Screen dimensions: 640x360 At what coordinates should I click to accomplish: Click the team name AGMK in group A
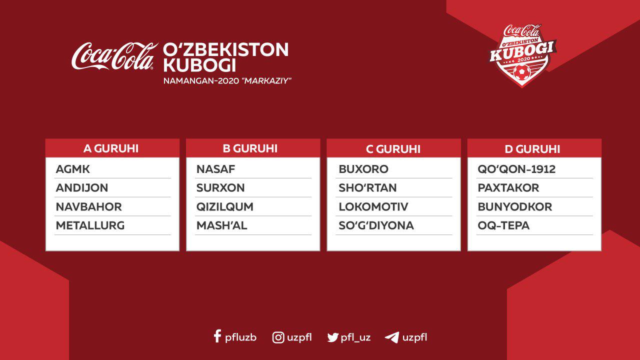(72, 169)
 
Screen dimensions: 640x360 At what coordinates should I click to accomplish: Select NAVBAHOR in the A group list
(89, 207)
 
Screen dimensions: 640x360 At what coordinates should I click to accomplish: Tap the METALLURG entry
(90, 225)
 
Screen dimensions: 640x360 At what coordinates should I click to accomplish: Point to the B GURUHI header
(250, 148)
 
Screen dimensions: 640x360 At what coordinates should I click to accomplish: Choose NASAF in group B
(215, 169)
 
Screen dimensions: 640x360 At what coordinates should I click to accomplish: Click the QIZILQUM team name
(225, 207)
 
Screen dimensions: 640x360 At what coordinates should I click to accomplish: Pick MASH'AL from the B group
(221, 225)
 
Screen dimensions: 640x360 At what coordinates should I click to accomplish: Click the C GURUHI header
(393, 149)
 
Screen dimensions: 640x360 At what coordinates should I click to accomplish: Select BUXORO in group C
(363, 169)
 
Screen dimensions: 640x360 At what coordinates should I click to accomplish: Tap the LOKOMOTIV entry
(373, 207)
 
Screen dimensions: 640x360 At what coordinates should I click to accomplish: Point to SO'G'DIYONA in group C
(376, 225)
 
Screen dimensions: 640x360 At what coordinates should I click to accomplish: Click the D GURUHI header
(532, 149)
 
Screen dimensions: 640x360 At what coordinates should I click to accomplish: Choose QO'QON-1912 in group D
(516, 169)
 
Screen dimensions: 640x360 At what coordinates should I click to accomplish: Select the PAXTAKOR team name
(508, 187)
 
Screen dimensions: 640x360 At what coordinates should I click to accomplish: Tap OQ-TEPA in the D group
(503, 225)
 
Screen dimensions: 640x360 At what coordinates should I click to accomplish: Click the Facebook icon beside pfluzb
(217, 336)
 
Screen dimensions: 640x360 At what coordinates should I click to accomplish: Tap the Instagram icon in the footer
(278, 337)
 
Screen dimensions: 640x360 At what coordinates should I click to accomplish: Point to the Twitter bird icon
(333, 337)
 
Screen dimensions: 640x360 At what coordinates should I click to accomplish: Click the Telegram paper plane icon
(392, 337)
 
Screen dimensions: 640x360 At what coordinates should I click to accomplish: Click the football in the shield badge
(522, 72)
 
